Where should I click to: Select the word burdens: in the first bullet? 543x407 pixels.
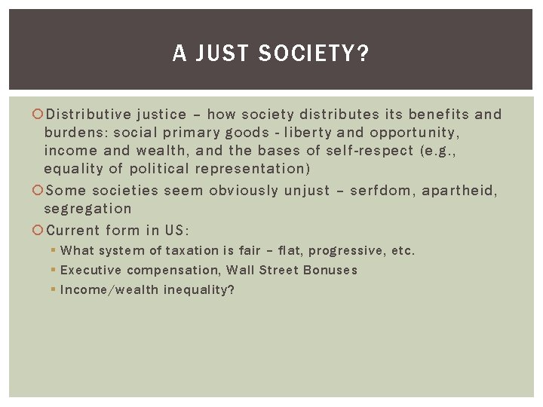[x=75, y=133]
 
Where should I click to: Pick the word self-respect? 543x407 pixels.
[x=368, y=151]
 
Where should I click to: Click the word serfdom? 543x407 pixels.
[x=379, y=191]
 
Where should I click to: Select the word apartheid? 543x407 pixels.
[x=460, y=191]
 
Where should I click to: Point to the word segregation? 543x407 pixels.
[x=87, y=209]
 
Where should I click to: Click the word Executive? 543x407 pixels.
[x=90, y=270]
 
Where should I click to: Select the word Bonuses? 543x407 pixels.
[x=330, y=270]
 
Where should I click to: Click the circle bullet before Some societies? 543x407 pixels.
[x=39, y=191]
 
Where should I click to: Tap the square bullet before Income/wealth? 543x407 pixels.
[x=54, y=289]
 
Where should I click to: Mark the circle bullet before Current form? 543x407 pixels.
[x=39, y=231]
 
